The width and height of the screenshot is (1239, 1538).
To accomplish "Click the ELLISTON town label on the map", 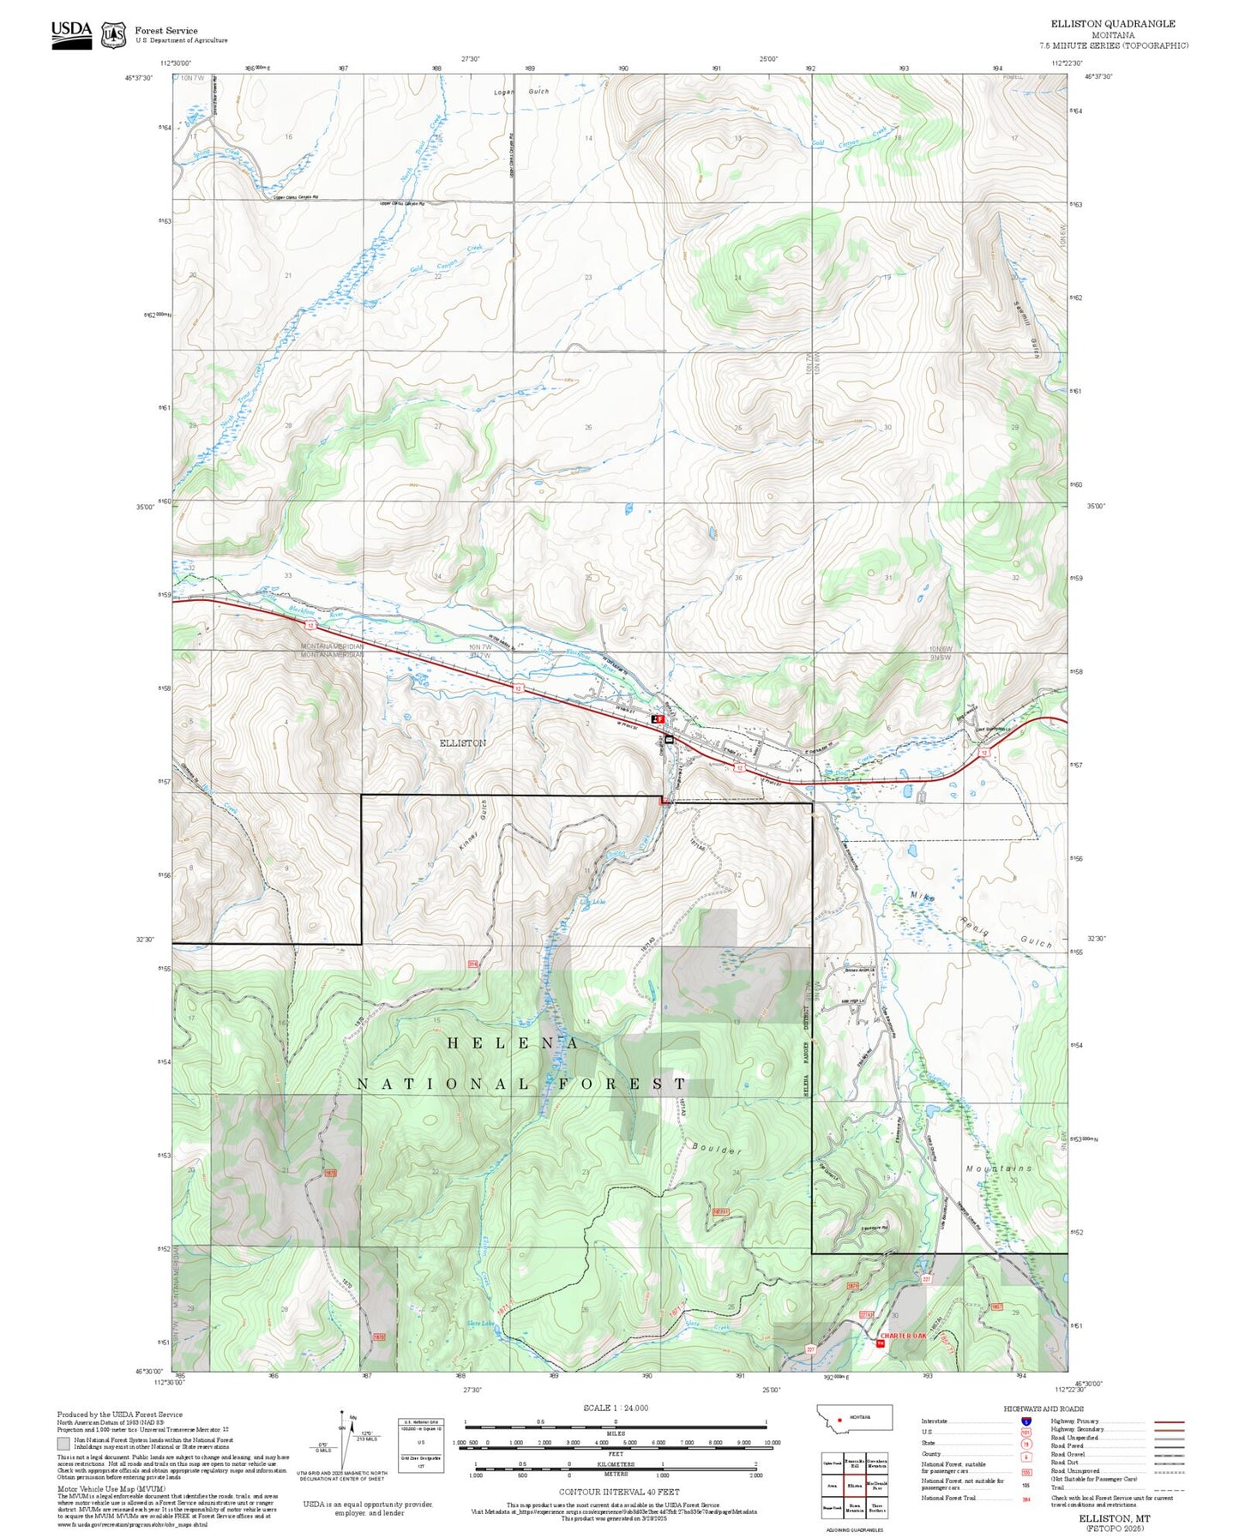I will coord(462,742).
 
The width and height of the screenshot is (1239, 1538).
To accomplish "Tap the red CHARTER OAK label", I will coord(903,1336).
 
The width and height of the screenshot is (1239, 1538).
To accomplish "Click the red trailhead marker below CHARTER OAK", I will coord(880,1343).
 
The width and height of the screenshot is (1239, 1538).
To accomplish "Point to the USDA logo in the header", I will coord(71,33).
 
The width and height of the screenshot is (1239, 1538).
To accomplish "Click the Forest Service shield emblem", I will coord(113,35).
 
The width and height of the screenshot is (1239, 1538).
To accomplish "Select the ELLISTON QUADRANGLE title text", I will coord(1113,24).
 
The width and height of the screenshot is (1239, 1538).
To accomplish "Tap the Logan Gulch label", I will coord(520,92).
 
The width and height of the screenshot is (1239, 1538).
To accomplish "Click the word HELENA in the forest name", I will coord(512,1043).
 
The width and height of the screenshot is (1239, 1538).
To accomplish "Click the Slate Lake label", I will coord(480,1323).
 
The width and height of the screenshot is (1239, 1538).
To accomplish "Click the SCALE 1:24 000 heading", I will coord(615,1408).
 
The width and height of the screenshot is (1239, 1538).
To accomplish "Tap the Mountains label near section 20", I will coord(999,1169).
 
